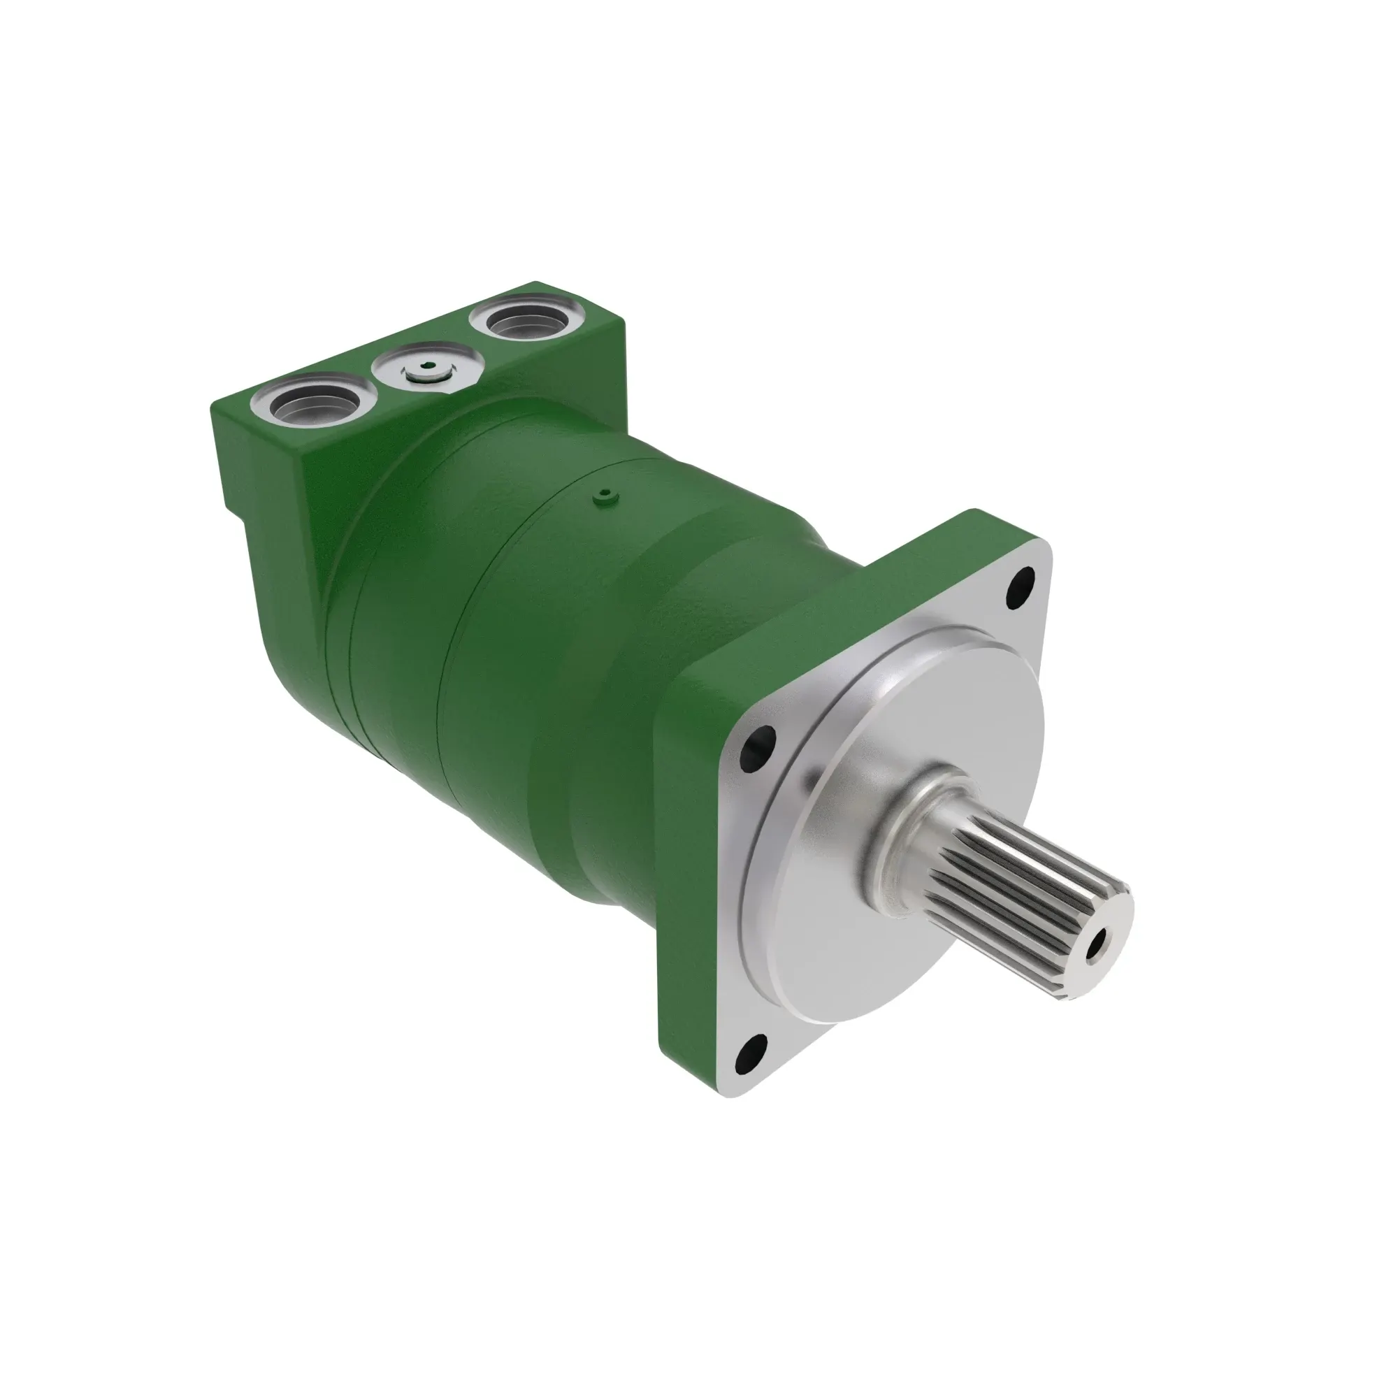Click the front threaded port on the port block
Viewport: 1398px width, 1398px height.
pos(313,408)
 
